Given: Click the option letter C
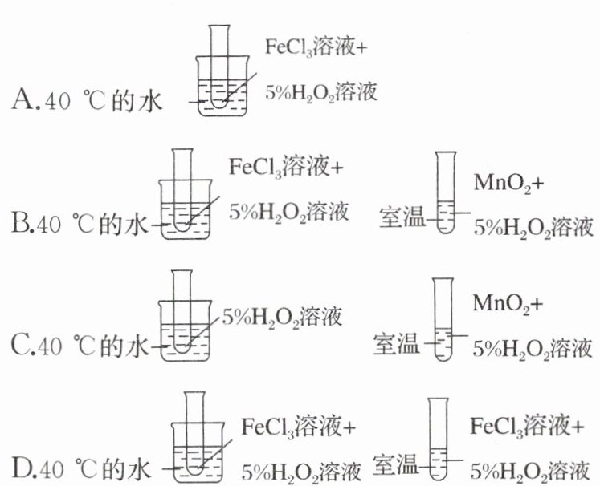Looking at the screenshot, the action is click(22, 346).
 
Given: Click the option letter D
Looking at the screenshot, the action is click(22, 466).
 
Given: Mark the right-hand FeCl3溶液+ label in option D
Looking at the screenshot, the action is click(526, 425).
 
